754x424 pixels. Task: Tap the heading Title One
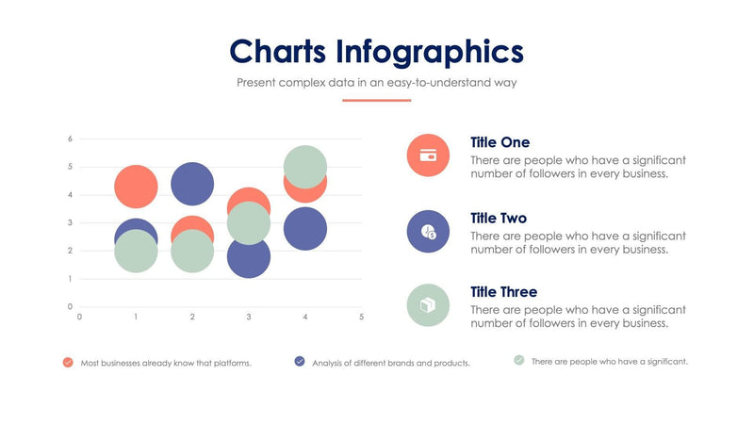click(x=500, y=142)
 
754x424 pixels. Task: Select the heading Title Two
click(x=500, y=218)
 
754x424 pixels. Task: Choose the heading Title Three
click(x=503, y=292)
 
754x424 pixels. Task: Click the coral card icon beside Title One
click(x=428, y=155)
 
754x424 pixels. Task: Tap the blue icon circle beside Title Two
click(x=428, y=231)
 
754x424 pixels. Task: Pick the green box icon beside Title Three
click(x=428, y=305)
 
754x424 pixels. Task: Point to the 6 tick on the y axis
click(x=70, y=139)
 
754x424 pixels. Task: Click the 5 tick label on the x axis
click(x=361, y=318)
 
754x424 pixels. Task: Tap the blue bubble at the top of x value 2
click(x=192, y=184)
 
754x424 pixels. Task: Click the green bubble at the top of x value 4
click(x=305, y=167)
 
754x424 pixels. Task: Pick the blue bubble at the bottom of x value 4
click(x=305, y=230)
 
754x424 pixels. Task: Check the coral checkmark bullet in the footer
click(x=68, y=362)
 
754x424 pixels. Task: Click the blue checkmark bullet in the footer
click(x=300, y=361)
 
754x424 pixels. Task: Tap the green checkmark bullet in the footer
click(x=519, y=360)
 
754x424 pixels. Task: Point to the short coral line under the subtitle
click(x=377, y=100)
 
